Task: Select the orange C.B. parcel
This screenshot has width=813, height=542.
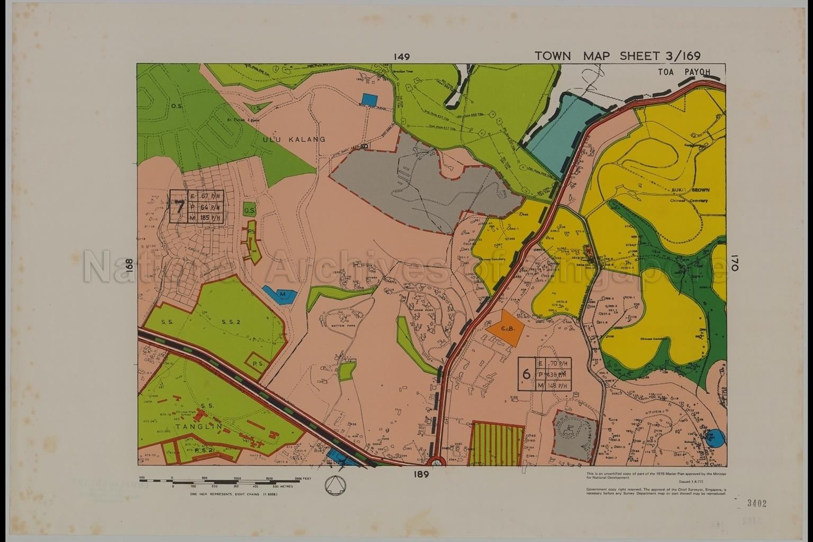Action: point(505,329)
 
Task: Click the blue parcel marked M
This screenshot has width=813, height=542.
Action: point(280,294)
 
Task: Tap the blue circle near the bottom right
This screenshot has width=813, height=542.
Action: point(716,437)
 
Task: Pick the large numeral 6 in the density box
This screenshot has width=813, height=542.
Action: point(526,374)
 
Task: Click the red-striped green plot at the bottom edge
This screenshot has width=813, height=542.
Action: point(496,444)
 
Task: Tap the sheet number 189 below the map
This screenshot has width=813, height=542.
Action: point(421,474)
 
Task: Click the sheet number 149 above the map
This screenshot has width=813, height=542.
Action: point(402,57)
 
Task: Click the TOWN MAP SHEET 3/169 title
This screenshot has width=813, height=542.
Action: point(618,56)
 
